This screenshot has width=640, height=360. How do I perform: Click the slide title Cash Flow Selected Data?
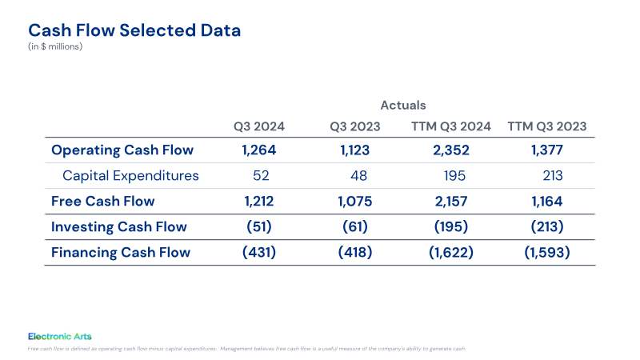tap(134, 30)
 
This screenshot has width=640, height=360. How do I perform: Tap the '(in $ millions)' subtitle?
tap(55, 46)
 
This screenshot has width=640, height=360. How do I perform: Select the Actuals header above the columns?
tap(403, 106)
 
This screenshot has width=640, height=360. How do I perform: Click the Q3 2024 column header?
tap(258, 126)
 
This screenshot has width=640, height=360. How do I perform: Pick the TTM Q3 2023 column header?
tap(547, 126)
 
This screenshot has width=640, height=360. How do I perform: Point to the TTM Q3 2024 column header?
tap(450, 126)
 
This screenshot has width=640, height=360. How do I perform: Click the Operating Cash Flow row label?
tap(122, 150)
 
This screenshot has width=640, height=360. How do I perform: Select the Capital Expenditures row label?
tap(130, 175)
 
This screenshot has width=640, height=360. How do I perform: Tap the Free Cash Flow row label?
tap(103, 202)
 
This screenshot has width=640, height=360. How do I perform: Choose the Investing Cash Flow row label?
tap(118, 227)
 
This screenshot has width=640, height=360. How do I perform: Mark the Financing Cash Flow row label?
tap(121, 252)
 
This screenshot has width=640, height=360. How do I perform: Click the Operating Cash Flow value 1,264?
tap(258, 150)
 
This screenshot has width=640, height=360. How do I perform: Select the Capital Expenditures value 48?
tap(358, 175)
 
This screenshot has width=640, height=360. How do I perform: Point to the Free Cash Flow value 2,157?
tap(451, 202)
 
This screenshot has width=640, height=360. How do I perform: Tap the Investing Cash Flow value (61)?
tap(355, 226)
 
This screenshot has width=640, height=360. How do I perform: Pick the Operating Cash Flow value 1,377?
tap(547, 150)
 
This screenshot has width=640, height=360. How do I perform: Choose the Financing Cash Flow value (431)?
tap(258, 252)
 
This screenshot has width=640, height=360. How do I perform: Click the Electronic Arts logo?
tap(59, 336)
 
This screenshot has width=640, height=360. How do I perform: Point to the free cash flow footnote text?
tap(246, 349)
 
